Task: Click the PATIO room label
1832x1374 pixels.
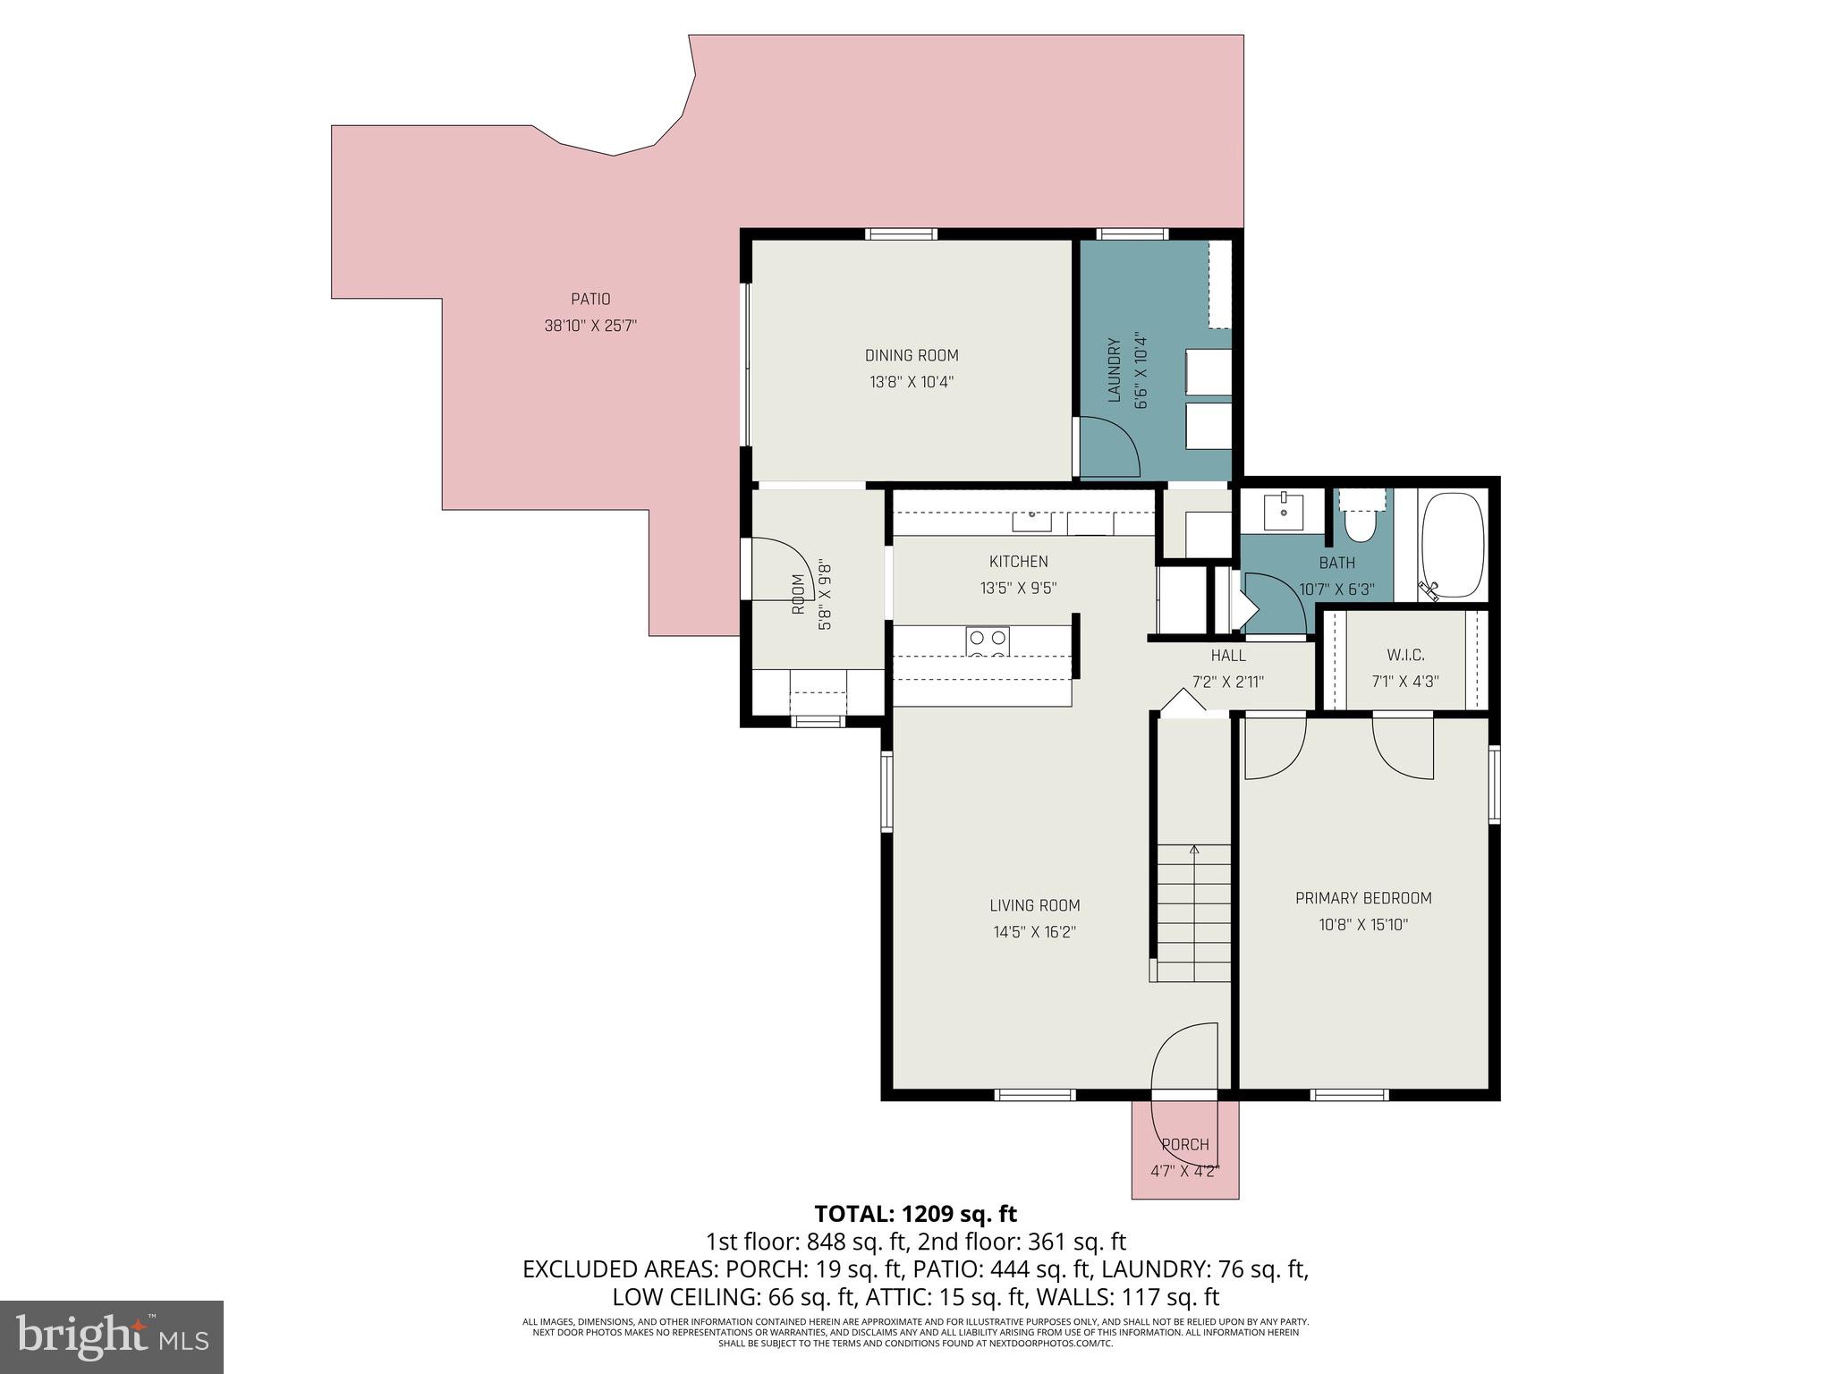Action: pos(590,299)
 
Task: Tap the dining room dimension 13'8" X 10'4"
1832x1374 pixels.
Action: pos(912,382)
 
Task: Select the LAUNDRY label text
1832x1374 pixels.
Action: pos(1115,369)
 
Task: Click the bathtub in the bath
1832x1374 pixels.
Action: pos(1453,545)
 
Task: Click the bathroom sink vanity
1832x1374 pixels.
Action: pos(1283,512)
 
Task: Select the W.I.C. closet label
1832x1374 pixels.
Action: pos(1405,656)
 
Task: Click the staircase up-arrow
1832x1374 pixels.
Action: pos(1193,850)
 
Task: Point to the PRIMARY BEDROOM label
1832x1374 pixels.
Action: pos(1363,898)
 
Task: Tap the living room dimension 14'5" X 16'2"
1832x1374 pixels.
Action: pos(1034,932)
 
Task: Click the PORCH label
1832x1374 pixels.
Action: pos(1185,1144)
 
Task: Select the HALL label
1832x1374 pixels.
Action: pos(1228,656)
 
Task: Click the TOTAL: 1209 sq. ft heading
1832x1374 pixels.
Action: pos(915,1214)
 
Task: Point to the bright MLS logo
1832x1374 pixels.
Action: pos(112,1336)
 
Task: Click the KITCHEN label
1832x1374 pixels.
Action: pos(1018,562)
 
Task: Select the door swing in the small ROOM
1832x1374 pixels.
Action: pos(780,569)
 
